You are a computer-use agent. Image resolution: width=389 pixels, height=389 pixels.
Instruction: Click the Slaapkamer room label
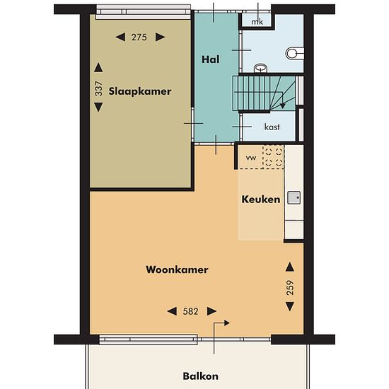[140, 91]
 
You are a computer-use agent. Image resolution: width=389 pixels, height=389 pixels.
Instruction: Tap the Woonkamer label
[177, 269]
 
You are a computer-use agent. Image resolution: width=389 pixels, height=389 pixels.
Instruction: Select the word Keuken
[261, 199]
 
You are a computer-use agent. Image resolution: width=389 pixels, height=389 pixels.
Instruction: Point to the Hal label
[210, 59]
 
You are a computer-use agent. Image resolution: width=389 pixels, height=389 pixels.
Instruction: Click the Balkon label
[200, 376]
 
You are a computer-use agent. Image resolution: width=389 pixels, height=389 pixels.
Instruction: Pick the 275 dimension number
[139, 37]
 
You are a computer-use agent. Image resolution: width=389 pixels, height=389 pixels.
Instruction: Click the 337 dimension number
[98, 88]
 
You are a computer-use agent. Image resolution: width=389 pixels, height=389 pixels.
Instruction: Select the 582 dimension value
[190, 311]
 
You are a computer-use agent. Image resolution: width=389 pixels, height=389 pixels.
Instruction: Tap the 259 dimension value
[290, 288]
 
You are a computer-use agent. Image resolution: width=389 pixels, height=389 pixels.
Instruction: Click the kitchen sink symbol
[294, 197]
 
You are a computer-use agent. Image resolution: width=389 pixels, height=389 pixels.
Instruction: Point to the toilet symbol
[295, 53]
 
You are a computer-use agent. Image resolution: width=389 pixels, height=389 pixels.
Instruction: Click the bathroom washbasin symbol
[260, 68]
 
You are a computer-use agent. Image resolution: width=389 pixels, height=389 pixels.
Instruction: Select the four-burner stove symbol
[274, 156]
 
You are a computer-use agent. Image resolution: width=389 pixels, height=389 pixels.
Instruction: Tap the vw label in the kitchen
[251, 158]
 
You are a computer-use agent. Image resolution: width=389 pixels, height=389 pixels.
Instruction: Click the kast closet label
[272, 127]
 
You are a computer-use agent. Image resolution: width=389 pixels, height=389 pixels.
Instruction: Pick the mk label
[257, 22]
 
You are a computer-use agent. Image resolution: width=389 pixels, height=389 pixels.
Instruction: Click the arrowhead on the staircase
[283, 105]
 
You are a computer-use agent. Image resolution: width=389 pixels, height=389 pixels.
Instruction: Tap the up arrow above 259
[290, 267]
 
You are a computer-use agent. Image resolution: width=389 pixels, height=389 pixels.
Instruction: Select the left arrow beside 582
[172, 311]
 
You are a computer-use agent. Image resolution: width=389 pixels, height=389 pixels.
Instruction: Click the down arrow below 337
[98, 108]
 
